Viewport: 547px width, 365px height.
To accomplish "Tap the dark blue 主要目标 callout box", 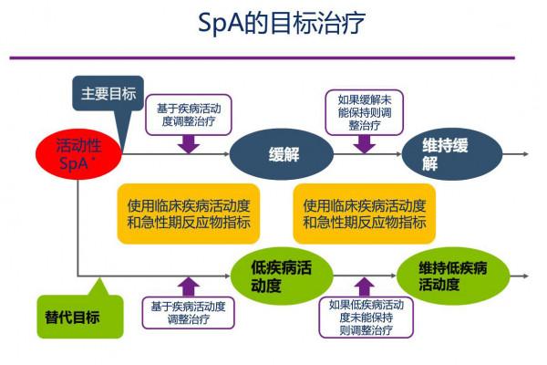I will (x=108, y=94).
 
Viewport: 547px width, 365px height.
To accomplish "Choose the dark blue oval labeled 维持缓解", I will (x=443, y=155).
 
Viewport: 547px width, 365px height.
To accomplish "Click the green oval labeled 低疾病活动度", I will (x=281, y=276).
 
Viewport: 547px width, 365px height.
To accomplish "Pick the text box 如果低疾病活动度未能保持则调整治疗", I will (x=366, y=318).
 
